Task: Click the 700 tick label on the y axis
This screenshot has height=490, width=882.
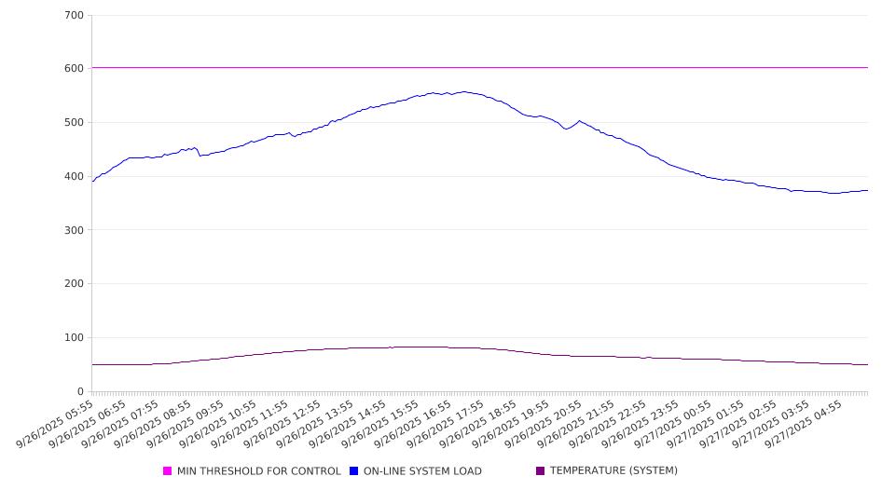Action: pyautogui.click(x=75, y=16)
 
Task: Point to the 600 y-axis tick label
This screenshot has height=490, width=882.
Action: pyautogui.click(x=75, y=69)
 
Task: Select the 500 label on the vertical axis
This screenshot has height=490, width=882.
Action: pyautogui.click(x=75, y=123)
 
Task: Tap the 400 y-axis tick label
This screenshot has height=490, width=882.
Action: pyautogui.click(x=75, y=177)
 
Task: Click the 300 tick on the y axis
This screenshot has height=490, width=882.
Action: pyautogui.click(x=75, y=230)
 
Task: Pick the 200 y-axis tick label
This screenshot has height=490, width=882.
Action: pyautogui.click(x=75, y=284)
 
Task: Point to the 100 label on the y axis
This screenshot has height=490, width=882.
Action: pyautogui.click(x=75, y=338)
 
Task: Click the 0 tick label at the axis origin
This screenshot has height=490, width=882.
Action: pyautogui.click(x=81, y=392)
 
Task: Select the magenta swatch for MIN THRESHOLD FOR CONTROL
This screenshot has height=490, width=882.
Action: pyautogui.click(x=168, y=471)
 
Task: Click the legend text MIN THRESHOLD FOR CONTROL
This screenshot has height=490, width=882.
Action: pyautogui.click(x=258, y=471)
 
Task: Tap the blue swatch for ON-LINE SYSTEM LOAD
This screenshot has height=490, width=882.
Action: pyautogui.click(x=354, y=471)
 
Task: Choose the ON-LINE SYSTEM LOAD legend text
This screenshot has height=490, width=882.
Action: pyautogui.click(x=422, y=471)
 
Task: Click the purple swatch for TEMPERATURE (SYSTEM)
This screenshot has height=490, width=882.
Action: pyautogui.click(x=540, y=471)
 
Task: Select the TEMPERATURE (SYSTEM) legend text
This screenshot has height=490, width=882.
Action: pyautogui.click(x=613, y=471)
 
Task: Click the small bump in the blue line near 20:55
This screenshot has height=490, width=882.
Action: pyautogui.click(x=579, y=120)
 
